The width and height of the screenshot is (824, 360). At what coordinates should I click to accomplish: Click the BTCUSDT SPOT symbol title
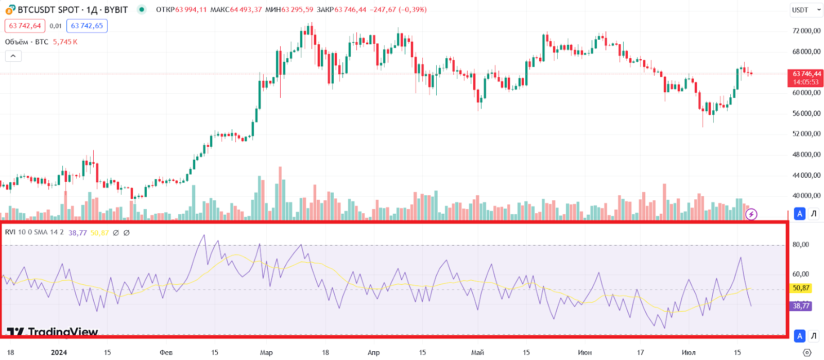[x=48, y=10]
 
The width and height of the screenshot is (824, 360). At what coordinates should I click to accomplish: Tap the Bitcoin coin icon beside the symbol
[x=10, y=10]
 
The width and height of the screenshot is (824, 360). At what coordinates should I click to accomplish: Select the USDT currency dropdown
[x=805, y=10]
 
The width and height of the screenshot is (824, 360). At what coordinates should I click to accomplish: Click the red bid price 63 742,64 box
[x=25, y=26]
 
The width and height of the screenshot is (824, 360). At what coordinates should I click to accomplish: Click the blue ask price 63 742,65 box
[x=87, y=26]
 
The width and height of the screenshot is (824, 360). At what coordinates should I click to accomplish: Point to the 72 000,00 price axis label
[x=806, y=31]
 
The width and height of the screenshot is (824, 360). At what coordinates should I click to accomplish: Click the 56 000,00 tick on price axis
[x=806, y=113]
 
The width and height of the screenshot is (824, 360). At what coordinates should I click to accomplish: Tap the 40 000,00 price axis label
[x=806, y=196]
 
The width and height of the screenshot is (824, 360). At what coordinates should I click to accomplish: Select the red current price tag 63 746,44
[x=806, y=78]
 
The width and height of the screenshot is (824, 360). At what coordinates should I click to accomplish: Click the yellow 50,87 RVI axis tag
[x=801, y=288]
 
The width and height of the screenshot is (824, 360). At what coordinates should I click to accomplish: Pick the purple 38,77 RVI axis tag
[x=801, y=306]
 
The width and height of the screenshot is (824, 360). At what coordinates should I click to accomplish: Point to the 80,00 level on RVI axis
[x=801, y=245]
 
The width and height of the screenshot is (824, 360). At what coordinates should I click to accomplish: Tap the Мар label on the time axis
[x=266, y=353]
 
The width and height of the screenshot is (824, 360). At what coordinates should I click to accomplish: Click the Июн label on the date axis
[x=585, y=353]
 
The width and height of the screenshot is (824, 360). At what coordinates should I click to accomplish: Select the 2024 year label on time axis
[x=59, y=353]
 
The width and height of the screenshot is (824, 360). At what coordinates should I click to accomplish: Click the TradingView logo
[x=53, y=332]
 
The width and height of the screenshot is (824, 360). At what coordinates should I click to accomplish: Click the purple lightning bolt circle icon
[x=751, y=214]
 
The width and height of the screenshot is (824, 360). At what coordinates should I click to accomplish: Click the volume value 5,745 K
[x=65, y=42]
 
